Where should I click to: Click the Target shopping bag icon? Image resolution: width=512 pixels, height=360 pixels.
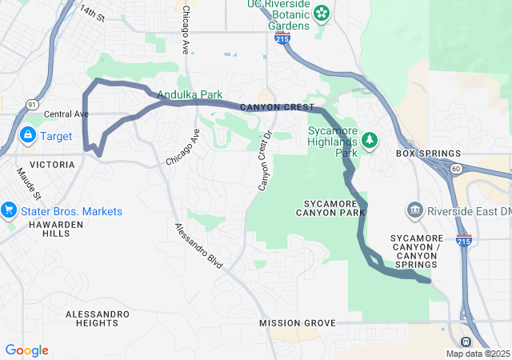[x=28, y=136]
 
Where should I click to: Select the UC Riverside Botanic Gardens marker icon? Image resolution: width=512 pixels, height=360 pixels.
[x=321, y=13]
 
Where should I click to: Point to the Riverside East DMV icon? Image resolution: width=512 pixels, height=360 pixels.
[x=414, y=210]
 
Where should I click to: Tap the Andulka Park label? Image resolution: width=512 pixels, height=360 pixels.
[x=190, y=94]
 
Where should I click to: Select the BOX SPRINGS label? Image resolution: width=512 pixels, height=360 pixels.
[x=429, y=154]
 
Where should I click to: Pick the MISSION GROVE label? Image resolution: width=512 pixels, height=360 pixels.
[x=298, y=323]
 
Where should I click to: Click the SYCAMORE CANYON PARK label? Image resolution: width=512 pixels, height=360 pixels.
[x=330, y=207]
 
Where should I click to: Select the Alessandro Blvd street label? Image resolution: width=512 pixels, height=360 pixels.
[x=198, y=244]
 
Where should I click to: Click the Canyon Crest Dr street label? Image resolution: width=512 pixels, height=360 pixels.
[x=265, y=161]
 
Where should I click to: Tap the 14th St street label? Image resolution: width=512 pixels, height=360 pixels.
[x=92, y=14]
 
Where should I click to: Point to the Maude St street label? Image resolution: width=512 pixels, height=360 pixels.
[x=30, y=184]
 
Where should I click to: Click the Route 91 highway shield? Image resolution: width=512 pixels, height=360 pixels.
[x=32, y=104]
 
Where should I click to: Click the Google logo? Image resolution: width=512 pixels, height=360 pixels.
[x=26, y=350]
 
